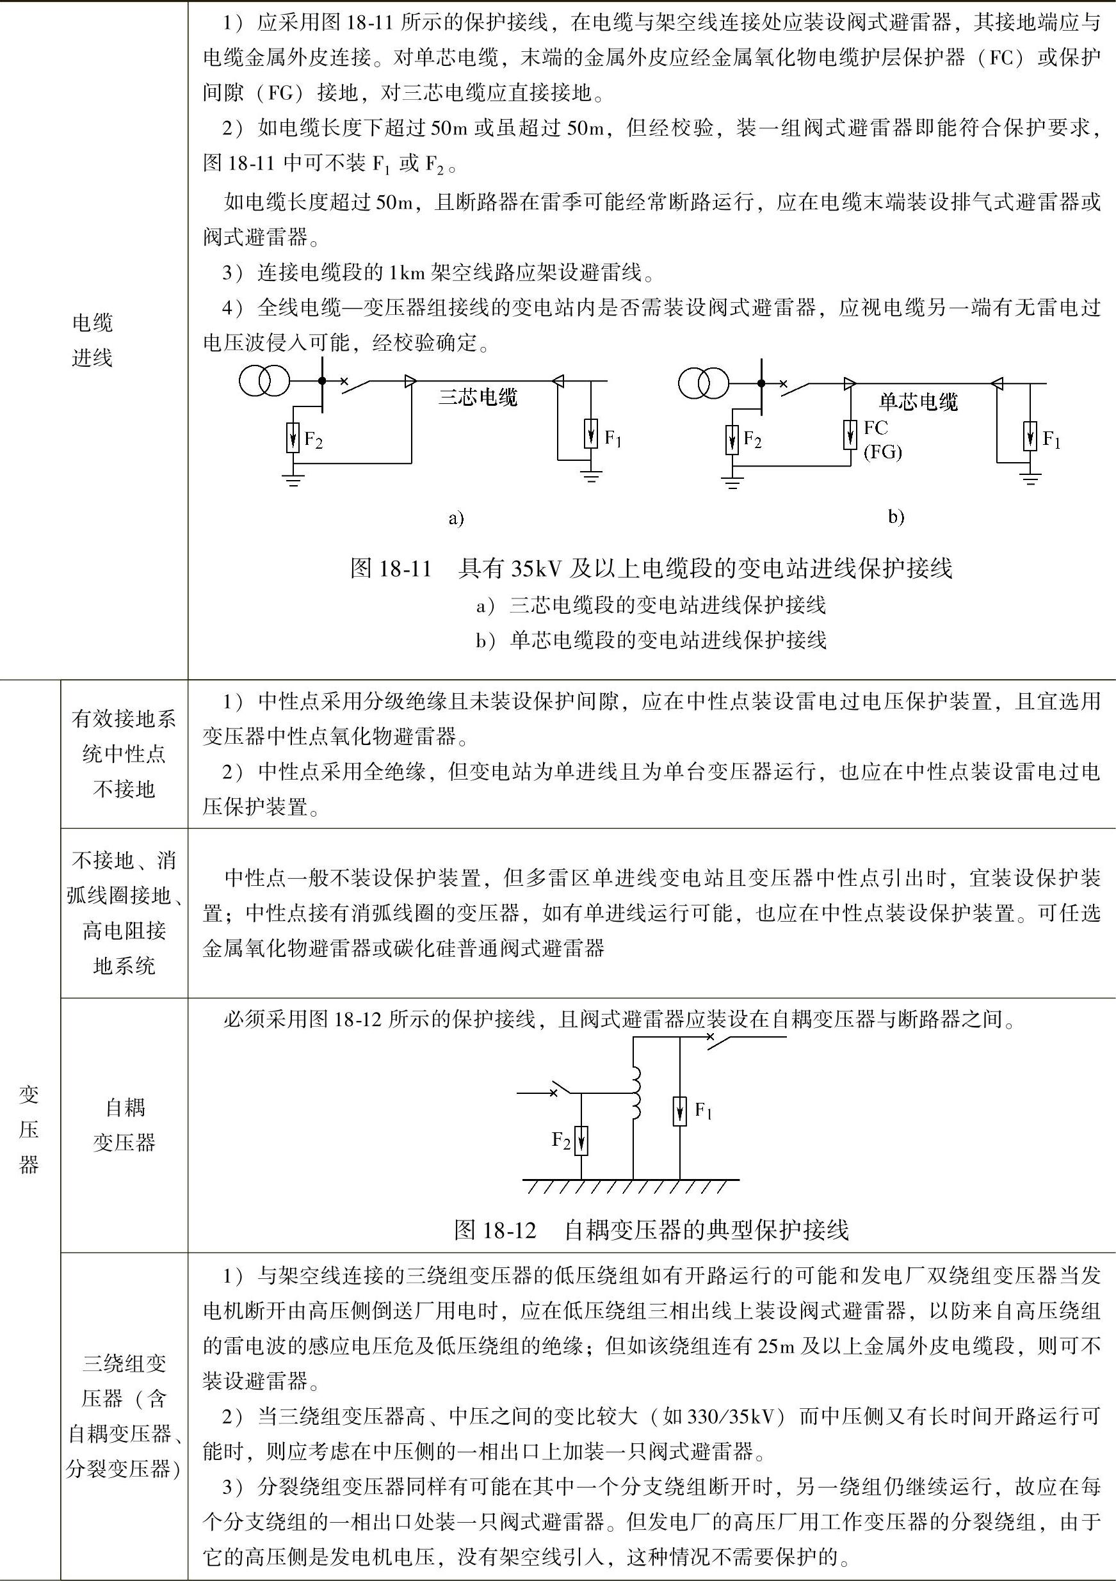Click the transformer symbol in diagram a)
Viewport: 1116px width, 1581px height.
point(265,381)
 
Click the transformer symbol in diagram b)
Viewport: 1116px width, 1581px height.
point(704,382)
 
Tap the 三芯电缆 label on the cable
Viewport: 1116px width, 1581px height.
point(478,397)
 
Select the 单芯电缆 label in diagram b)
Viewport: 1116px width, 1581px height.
point(918,401)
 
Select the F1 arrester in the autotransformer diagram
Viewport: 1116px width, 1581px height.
point(680,1111)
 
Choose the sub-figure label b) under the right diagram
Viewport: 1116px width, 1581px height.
point(896,517)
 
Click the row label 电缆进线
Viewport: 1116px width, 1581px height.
point(92,340)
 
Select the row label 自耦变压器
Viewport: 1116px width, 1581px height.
point(125,1125)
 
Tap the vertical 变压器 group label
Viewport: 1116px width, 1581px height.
point(29,1129)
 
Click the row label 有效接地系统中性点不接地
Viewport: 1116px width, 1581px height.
point(124,754)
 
